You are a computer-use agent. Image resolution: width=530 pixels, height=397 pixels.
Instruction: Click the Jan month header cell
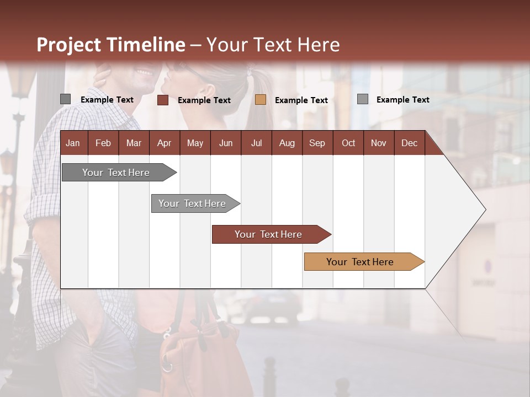coord(73,143)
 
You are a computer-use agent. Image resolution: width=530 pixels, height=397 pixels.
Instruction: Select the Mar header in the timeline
coord(134,143)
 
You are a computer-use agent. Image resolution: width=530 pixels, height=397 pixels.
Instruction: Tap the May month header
coord(195,143)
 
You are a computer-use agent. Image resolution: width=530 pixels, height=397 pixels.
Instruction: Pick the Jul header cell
coord(256,143)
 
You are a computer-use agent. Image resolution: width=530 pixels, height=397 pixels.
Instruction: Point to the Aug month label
coord(287,143)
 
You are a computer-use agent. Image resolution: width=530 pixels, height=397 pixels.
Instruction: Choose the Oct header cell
coord(348,143)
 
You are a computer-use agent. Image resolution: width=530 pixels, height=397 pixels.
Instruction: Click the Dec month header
coord(409,143)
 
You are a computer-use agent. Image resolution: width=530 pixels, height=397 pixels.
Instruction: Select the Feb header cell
coord(103,143)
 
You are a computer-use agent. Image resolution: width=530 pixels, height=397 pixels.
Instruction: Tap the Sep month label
coord(317,143)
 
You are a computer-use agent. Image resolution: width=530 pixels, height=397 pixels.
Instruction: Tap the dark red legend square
coord(163,100)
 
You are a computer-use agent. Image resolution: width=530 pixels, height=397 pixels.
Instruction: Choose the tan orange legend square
coord(261,100)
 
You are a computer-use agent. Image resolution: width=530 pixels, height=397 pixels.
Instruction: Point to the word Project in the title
coord(68,45)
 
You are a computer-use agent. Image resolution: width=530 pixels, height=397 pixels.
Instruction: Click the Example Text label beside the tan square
coord(301,100)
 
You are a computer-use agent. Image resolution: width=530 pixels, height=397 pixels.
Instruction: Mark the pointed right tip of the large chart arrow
coord(484,210)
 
